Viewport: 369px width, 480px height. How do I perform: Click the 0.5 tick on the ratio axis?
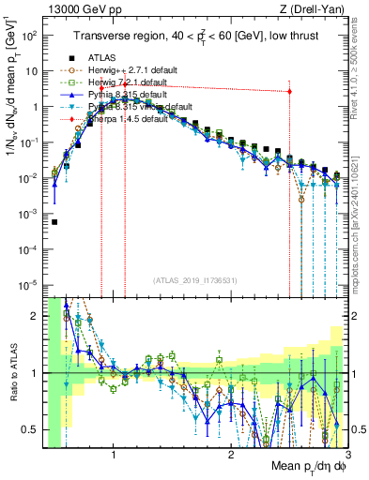point(27,429)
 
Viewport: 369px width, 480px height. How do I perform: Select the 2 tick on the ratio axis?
point(31,316)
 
